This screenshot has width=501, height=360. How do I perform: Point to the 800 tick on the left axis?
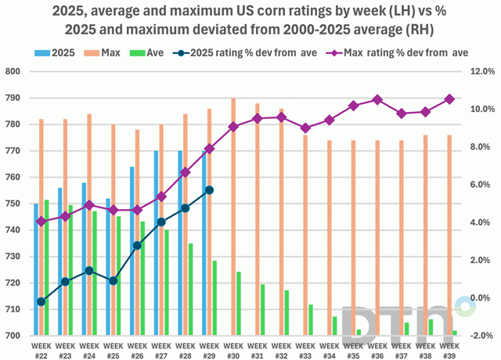point(17,71)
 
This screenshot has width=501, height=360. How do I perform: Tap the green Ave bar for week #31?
point(263,310)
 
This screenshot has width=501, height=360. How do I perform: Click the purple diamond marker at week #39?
point(450,99)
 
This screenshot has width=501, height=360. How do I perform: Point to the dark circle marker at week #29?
point(209,190)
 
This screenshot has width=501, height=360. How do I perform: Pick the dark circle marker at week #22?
point(41,301)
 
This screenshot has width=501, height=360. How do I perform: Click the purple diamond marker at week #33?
point(305,128)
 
